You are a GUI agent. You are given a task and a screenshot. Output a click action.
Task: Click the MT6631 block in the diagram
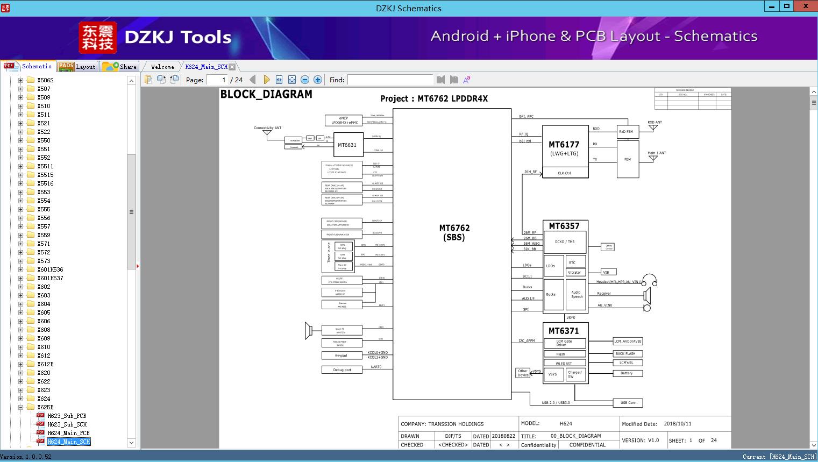347,145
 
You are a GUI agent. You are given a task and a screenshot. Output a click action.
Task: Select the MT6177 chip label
564,145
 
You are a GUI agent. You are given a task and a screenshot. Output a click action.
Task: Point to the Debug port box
342,369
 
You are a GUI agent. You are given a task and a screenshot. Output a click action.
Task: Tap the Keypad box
342,356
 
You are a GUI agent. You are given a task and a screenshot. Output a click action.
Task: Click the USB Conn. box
628,402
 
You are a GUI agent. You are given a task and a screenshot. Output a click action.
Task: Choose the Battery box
627,373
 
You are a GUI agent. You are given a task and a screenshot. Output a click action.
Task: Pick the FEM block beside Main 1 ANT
628,159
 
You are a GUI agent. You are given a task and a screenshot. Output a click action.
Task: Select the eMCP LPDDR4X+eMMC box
344,120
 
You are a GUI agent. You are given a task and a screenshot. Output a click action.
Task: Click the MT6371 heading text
564,331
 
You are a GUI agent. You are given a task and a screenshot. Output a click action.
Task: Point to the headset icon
650,280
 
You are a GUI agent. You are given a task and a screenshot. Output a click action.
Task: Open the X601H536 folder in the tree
50,269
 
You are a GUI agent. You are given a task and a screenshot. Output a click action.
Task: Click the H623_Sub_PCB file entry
66,416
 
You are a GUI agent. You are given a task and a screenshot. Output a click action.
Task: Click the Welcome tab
162,67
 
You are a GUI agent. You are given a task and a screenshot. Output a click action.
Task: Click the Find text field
390,80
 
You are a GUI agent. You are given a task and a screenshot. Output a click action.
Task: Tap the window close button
806,6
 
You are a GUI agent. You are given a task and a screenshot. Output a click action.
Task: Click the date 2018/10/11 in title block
678,424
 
